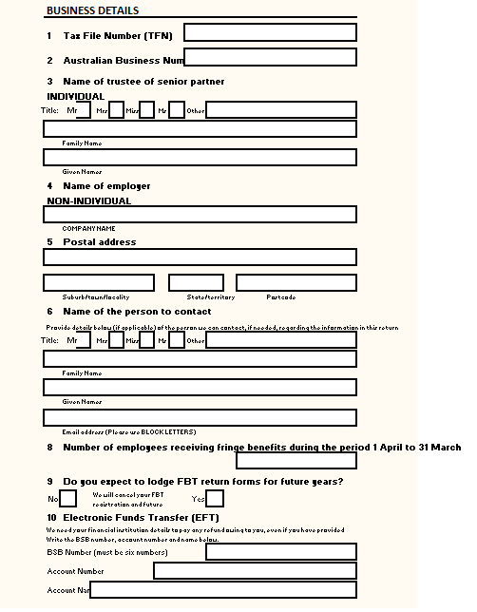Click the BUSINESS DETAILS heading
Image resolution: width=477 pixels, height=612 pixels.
pyautogui.click(x=92, y=10)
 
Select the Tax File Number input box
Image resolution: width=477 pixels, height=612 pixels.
pyautogui.click(x=270, y=33)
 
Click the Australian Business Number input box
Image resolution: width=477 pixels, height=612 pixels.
pyautogui.click(x=270, y=58)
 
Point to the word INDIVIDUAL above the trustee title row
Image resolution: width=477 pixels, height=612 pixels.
pyautogui.click(x=76, y=96)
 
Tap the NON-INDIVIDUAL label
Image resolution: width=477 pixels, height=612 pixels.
pyautogui.click(x=89, y=201)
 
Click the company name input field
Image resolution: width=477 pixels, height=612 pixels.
pyautogui.click(x=200, y=215)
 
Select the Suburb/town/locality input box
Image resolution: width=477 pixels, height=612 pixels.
pyautogui.click(x=99, y=282)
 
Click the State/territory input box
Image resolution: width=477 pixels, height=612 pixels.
pyautogui.click(x=196, y=282)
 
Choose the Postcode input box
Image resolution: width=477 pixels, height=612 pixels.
pyautogui.click(x=296, y=282)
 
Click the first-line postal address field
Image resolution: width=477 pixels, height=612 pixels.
pyautogui.click(x=200, y=257)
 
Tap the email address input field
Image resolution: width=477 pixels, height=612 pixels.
pyautogui.click(x=200, y=416)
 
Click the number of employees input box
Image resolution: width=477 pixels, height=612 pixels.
pyautogui.click(x=296, y=461)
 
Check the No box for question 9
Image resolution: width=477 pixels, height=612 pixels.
pyautogui.click(x=68, y=498)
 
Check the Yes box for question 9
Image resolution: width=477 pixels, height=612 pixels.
pyautogui.click(x=215, y=498)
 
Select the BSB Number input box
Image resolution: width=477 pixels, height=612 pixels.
pyautogui.click(x=281, y=551)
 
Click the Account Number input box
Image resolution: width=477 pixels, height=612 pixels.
pyautogui.click(x=255, y=571)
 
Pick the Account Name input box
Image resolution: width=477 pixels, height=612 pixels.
pyautogui.click(x=223, y=590)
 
